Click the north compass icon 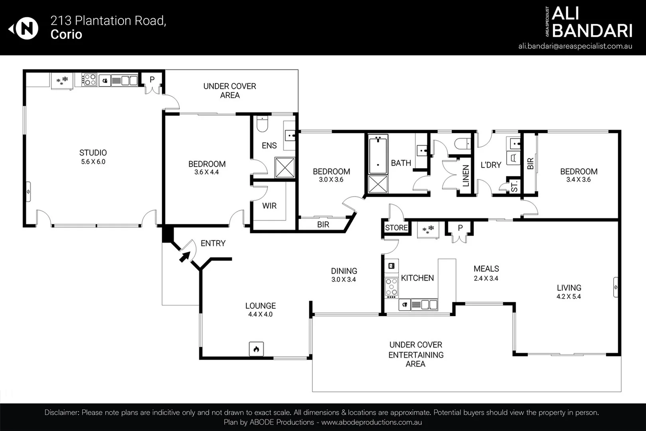coord(24,28)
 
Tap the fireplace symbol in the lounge coord(256,349)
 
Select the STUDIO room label coord(93,152)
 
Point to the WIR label coord(269,206)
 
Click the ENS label coord(269,146)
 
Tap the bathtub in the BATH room coord(378,154)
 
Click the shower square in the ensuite coord(285,167)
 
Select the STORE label coord(396,227)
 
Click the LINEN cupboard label coord(466,176)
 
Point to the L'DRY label coord(491,165)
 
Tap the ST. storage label coord(515,186)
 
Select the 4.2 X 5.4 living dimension coord(569,297)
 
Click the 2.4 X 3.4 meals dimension coord(486,278)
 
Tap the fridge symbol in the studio coord(62,81)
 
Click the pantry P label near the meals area coord(460,228)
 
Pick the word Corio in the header coord(66,34)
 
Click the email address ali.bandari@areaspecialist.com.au coord(575,46)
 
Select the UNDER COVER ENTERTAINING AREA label coord(416,354)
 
